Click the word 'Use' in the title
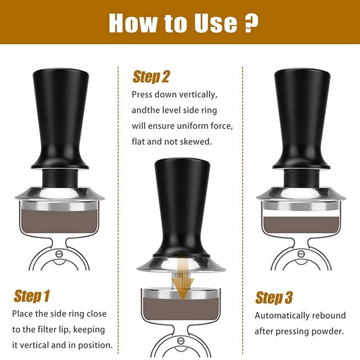pyautogui.click(x=213, y=22)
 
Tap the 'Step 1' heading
pyautogui.click(x=31, y=296)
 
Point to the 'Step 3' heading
pyautogui.click(x=274, y=297)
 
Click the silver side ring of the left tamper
pyautogui.click(x=59, y=193)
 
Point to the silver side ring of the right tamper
pyautogui.click(x=301, y=193)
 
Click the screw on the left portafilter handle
pyautogui.click(x=59, y=253)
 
